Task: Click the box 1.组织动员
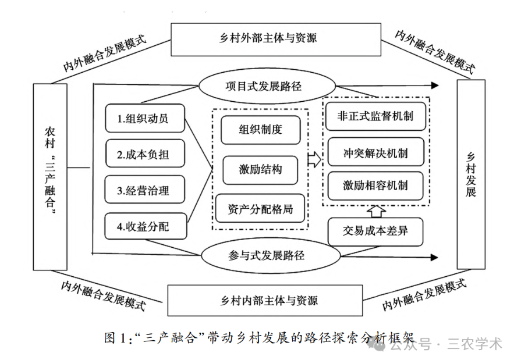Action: coord(145,119)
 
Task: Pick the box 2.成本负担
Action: coord(145,155)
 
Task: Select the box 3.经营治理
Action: coord(145,190)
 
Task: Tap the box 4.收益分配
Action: coord(145,226)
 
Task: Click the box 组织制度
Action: coord(260,130)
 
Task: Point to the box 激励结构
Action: coord(260,169)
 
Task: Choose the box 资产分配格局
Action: coord(260,208)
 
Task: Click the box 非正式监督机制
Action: coord(375,116)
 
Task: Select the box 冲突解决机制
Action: coord(375,154)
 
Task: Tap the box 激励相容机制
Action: coord(375,186)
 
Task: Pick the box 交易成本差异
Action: coord(375,231)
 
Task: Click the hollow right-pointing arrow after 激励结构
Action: coord(314,159)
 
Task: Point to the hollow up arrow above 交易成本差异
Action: coord(375,209)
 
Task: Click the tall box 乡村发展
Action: coord(471,174)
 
